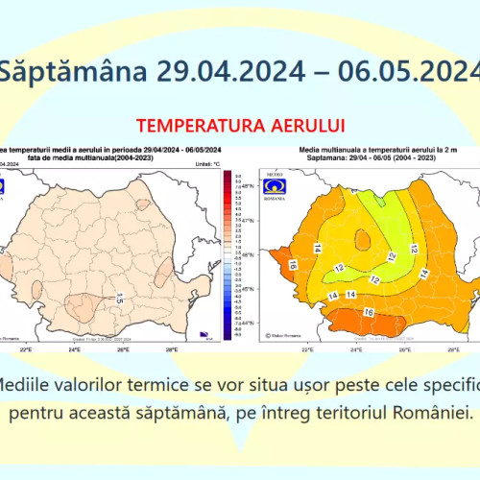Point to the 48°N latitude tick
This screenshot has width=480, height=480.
click(x=248, y=185)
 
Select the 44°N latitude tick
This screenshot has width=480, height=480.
click(x=248, y=324)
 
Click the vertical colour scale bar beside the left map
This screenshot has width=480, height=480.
click(x=227, y=254)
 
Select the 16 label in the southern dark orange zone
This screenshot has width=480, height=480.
click(x=368, y=313)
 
